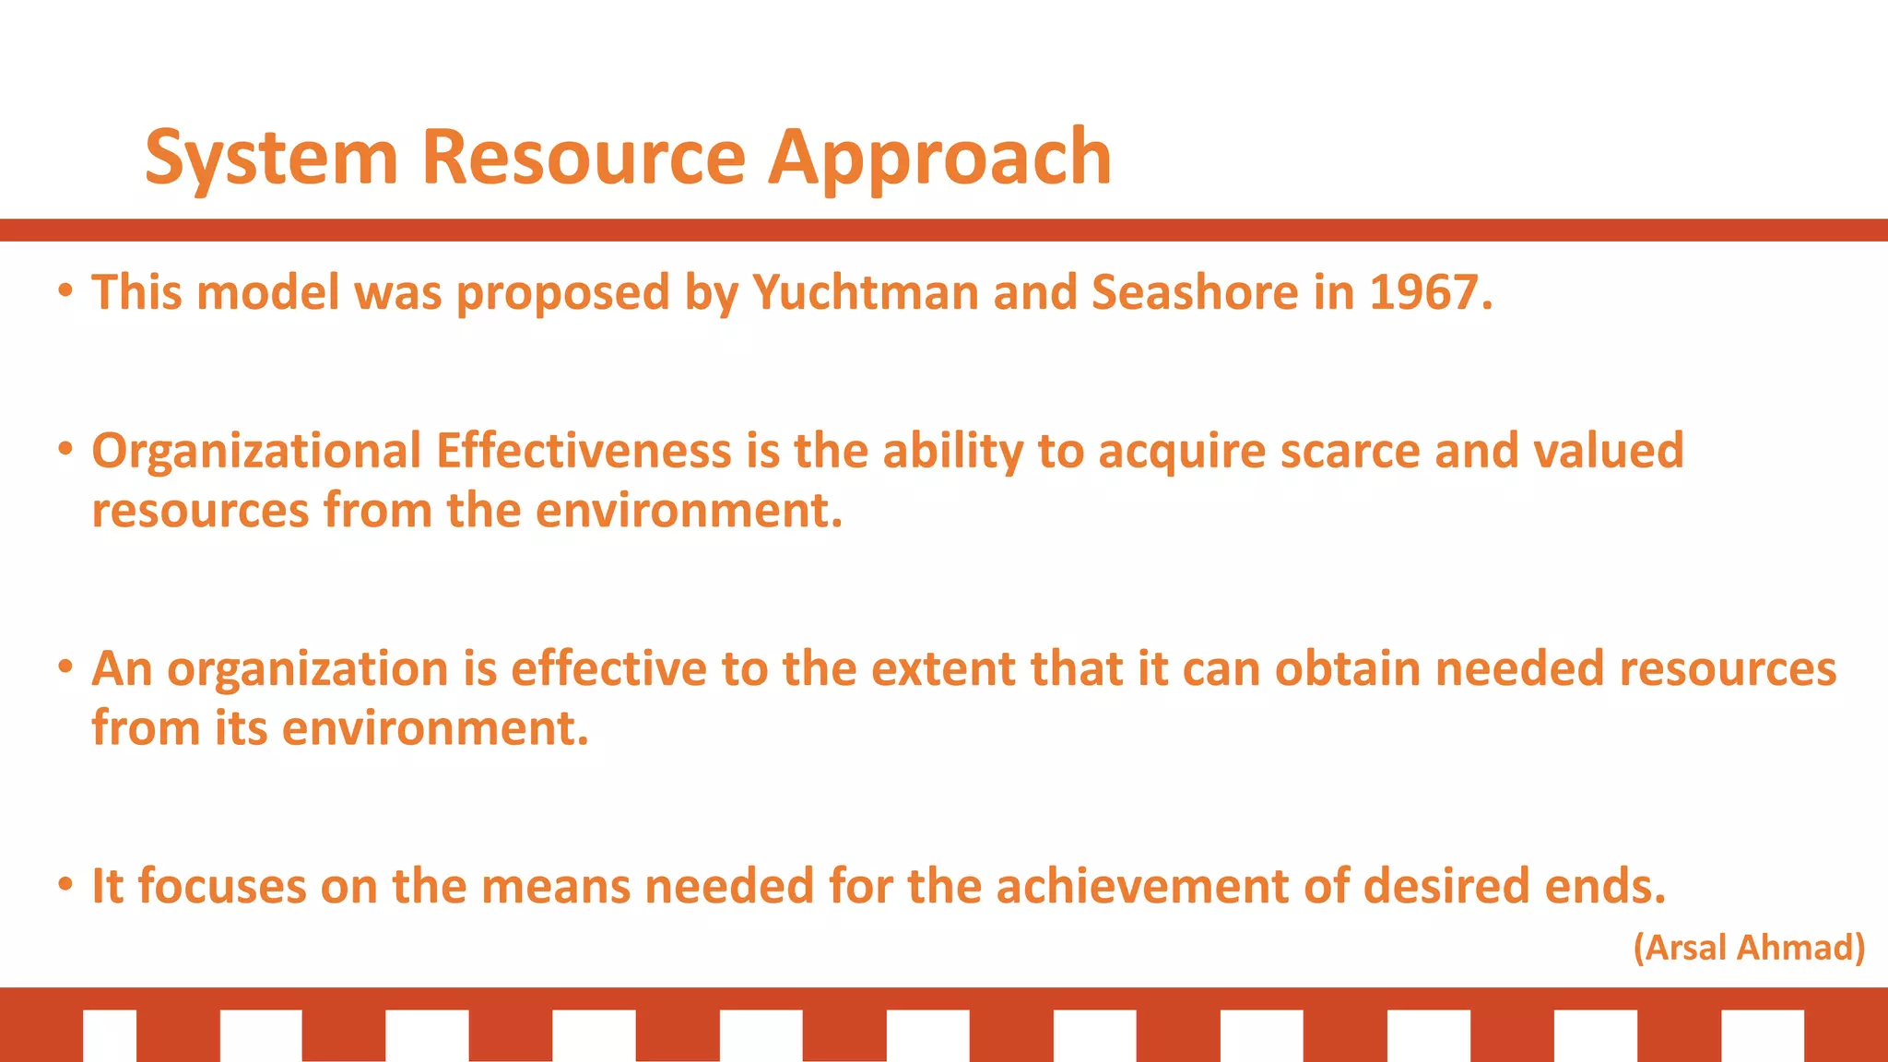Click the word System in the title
pos(271,159)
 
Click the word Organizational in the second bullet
pos(256,452)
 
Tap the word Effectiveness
pos(584,452)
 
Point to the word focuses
pos(221,887)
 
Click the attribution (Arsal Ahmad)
pos(1749,948)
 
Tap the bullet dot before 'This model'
pos(65,291)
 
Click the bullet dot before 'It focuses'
pos(65,885)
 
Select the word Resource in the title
pos(583,159)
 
